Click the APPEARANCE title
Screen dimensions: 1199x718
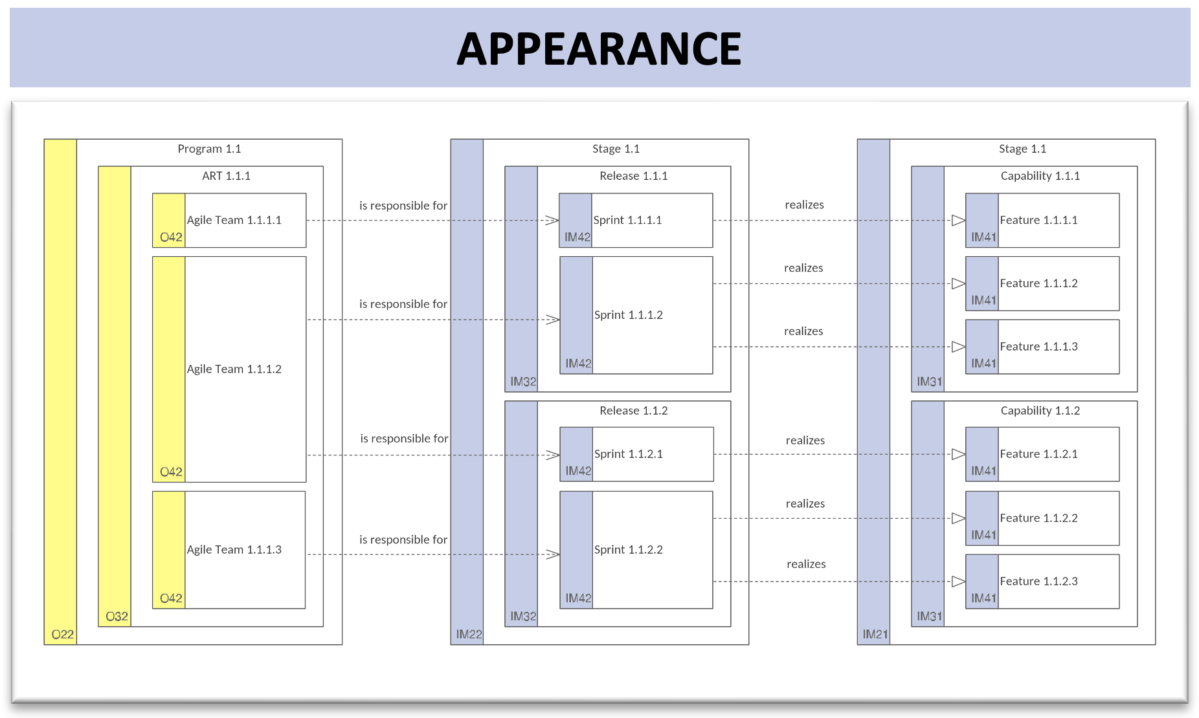[x=599, y=49]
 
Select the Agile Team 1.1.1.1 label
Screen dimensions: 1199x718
[x=234, y=220]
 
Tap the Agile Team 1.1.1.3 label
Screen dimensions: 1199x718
[x=234, y=549]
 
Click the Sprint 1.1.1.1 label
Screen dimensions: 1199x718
[x=627, y=220]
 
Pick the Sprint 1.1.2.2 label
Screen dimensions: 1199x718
[x=629, y=549]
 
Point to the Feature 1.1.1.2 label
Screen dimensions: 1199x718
[x=1038, y=283]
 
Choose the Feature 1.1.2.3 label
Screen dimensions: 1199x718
[x=1038, y=581]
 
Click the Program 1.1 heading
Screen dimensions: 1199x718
[x=209, y=149]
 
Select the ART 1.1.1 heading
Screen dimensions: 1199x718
[x=226, y=176]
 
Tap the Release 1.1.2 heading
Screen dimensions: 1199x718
[x=633, y=411]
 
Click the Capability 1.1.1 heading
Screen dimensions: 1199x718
[x=1040, y=176]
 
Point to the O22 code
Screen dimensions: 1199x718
[x=63, y=635]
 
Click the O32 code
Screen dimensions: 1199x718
[x=117, y=616]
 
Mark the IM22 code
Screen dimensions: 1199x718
[x=469, y=635]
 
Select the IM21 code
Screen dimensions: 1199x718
[x=875, y=635]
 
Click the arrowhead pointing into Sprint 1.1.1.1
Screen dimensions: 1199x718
[x=552, y=221]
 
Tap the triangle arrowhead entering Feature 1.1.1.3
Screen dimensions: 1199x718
[x=959, y=347]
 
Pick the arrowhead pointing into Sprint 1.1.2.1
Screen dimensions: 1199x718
[x=553, y=455]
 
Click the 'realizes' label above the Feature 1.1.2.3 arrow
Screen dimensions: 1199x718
[x=806, y=564]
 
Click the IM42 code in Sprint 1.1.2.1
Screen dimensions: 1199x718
[x=578, y=471]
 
